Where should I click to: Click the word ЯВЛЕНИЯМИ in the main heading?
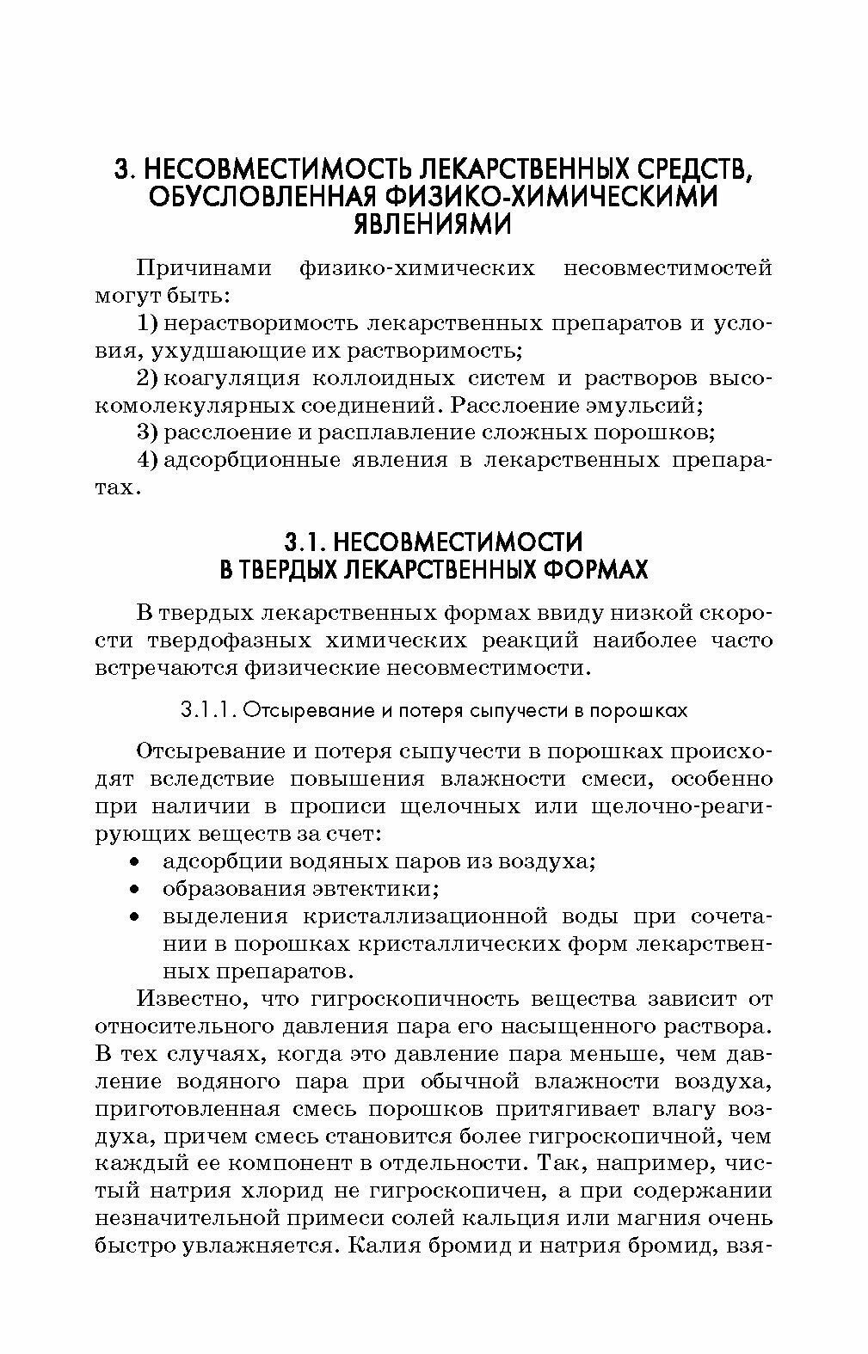[x=433, y=225]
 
